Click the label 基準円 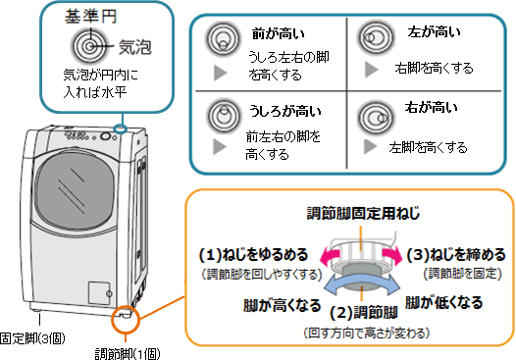90,17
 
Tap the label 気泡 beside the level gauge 135,47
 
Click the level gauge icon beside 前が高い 224,40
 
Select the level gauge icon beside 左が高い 376,38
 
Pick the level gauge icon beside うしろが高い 224,115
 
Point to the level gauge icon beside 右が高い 376,118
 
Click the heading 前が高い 279,33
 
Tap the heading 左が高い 434,32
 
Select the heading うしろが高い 285,111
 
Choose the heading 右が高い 431,107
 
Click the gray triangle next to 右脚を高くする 371,70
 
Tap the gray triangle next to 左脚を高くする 370,147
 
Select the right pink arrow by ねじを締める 392,256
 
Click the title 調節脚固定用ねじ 363,213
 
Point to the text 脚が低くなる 443,303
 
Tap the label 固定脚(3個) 32,338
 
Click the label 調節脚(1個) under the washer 128,354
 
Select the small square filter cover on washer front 99,293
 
